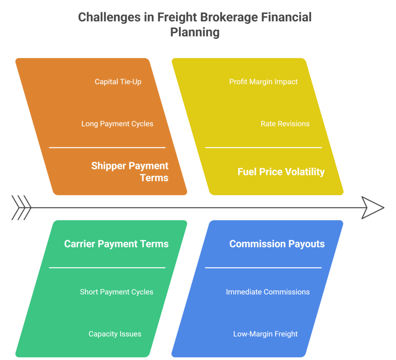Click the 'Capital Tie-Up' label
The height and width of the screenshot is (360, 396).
118,82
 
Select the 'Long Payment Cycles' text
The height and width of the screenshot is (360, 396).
117,124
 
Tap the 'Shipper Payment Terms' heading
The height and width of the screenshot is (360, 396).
130,172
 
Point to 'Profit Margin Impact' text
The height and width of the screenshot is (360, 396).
263,82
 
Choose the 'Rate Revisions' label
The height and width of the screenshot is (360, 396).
285,124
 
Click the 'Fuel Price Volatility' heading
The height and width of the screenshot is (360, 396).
281,172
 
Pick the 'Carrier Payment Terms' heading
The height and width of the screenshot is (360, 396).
116,244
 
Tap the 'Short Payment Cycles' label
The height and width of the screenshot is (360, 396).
116,292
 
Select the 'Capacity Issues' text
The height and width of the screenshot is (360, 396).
115,334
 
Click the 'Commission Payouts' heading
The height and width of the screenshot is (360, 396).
277,244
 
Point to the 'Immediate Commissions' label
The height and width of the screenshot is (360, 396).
268,292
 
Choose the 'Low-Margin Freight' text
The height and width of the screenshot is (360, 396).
265,334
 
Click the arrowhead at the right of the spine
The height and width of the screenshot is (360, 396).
372,208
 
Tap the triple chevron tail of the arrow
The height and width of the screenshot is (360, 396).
21,208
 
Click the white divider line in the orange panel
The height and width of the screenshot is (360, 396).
107,148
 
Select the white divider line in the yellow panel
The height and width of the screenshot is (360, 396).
263,148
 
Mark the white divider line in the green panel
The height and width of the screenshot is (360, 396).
107,267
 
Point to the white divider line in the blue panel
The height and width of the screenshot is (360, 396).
263,267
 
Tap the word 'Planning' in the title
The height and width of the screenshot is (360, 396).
195,32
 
